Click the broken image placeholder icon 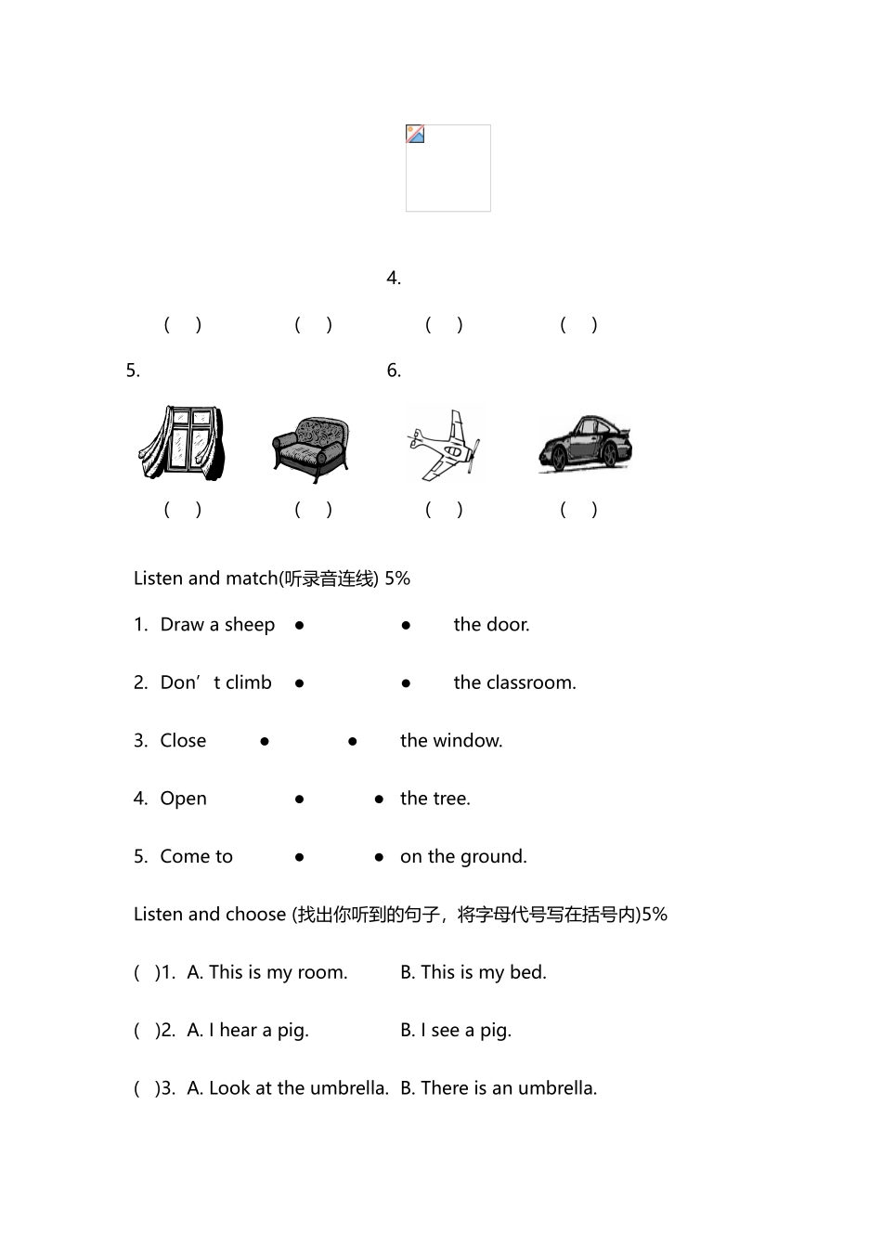(x=414, y=134)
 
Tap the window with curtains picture (x=182, y=442)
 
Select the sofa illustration (x=311, y=449)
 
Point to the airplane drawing (x=444, y=445)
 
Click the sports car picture (x=585, y=444)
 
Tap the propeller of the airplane (x=473, y=456)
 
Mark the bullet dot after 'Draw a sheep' (x=299, y=626)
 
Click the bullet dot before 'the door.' (x=406, y=626)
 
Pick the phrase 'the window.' (x=451, y=740)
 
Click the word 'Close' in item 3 (x=183, y=740)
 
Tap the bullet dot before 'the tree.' (x=379, y=799)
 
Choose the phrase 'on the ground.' (x=463, y=856)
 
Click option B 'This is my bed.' (x=473, y=972)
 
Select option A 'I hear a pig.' (x=248, y=1030)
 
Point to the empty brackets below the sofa (x=313, y=509)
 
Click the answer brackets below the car (x=578, y=509)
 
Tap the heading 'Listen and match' (x=205, y=578)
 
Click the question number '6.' (x=394, y=370)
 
